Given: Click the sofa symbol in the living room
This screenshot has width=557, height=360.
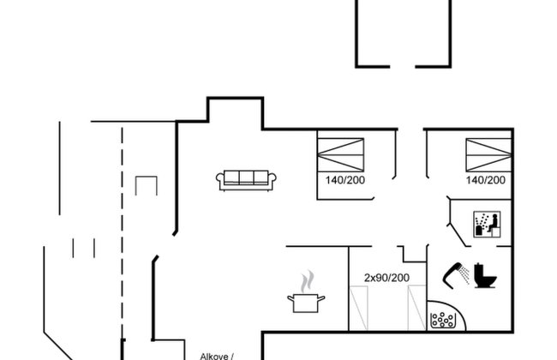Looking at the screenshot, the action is point(246,180).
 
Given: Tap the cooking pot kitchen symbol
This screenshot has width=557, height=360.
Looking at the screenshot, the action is point(306,303).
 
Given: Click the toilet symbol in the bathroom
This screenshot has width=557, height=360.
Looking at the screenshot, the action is point(485,275).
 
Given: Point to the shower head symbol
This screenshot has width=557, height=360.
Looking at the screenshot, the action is point(455,274).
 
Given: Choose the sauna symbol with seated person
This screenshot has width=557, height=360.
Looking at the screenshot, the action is point(487,225).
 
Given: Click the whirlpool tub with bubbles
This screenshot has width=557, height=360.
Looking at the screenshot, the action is point(443,321).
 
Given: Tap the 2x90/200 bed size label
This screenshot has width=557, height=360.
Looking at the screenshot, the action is point(386,278).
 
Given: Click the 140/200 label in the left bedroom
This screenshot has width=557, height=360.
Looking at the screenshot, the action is point(345,180).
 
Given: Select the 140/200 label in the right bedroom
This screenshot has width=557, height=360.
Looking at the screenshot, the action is point(486,180).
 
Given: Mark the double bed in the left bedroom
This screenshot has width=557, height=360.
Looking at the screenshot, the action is point(341,155).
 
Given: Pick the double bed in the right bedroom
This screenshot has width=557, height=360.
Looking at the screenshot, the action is point(488,155).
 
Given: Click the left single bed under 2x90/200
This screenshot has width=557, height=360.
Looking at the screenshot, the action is point(358,308).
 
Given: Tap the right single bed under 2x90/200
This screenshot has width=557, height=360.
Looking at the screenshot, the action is point(416,308).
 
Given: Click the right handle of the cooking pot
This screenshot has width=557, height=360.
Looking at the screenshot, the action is point(321,298).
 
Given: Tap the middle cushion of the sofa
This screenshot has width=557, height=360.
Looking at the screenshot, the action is point(246,177).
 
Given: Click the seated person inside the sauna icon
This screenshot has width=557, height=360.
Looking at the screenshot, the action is point(493,223).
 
